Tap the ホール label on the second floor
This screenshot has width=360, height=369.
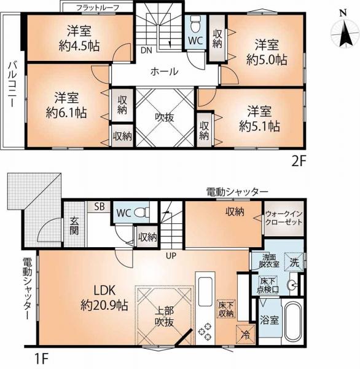(x=165, y=71)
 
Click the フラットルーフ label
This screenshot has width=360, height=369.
(x=97, y=7)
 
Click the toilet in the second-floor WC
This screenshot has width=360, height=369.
(x=194, y=25)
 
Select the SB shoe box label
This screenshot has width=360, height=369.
(x=99, y=207)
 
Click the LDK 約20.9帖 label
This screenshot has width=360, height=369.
(x=102, y=296)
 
